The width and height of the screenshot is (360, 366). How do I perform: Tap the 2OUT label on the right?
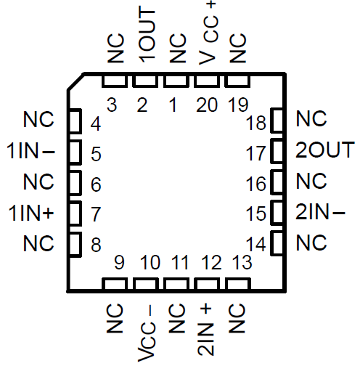coord(324,151)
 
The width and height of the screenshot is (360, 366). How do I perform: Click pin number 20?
coord(206,106)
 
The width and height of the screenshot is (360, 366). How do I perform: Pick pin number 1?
coord(173,106)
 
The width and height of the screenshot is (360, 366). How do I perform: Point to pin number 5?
coord(96,153)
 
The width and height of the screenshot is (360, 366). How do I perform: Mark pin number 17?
coord(256,153)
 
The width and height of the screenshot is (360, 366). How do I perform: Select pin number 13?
coord(240,261)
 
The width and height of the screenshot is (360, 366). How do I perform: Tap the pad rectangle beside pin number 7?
coord(73,213)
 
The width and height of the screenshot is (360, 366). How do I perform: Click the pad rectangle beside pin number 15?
coord(277,213)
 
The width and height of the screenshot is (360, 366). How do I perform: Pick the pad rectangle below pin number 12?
coord(207,285)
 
